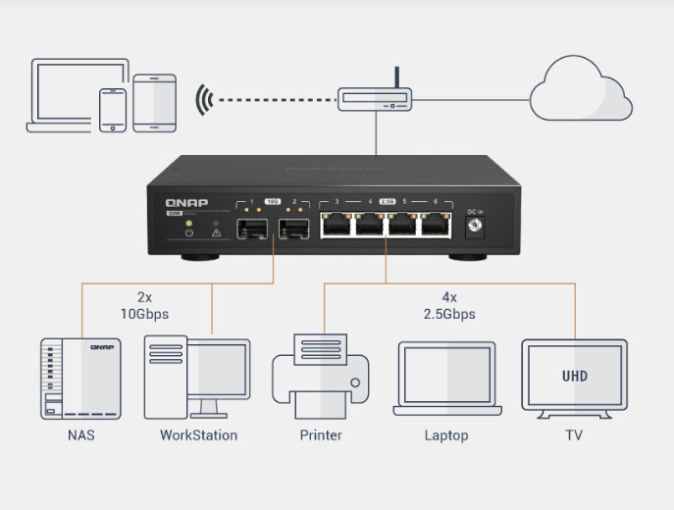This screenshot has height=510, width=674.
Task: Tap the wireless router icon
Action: [376, 99]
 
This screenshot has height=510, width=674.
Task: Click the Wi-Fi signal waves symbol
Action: [204, 99]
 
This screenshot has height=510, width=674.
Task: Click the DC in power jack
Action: [477, 228]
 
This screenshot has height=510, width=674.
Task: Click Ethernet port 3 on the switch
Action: [337, 226]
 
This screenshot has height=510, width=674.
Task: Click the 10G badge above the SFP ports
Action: [273, 202]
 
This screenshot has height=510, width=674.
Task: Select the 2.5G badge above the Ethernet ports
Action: [388, 202]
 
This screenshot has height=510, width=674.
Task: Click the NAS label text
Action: [80, 434]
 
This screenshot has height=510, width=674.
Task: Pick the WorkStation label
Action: [198, 434]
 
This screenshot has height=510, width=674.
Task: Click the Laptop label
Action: [446, 434]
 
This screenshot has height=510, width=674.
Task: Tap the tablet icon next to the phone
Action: [154, 103]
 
